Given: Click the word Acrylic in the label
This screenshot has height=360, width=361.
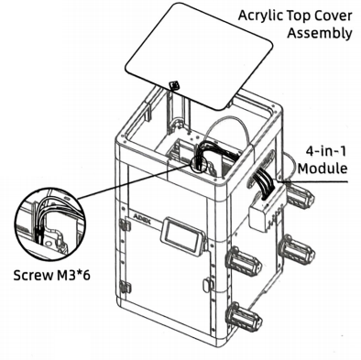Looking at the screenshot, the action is click(260, 16).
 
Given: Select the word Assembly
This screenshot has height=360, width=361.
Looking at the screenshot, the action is click(320, 33).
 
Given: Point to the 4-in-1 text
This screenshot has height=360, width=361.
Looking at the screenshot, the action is click(326, 151).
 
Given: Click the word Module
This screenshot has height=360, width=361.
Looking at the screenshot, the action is click(323, 169).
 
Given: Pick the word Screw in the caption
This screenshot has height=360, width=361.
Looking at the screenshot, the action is click(33, 276).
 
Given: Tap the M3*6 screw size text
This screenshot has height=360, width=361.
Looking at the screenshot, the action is click(73, 276).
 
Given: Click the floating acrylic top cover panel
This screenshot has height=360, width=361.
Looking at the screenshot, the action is click(199, 56).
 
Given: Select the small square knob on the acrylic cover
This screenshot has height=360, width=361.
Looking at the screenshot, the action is click(175, 85).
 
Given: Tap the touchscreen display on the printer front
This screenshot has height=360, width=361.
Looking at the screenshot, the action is click(181, 235).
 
